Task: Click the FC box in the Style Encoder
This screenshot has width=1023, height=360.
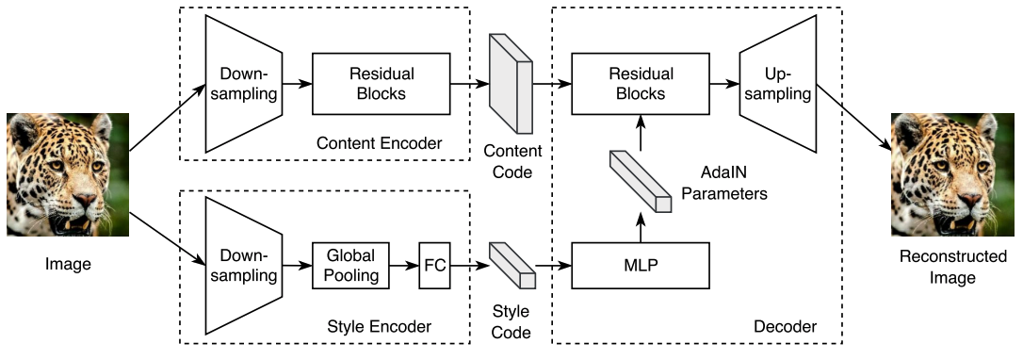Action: (434, 266)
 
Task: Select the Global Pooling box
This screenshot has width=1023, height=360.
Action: (351, 266)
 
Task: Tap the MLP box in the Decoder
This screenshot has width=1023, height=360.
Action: (640, 266)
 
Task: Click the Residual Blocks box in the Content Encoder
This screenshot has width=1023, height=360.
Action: (381, 84)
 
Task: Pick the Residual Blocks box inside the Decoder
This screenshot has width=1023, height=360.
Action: (640, 84)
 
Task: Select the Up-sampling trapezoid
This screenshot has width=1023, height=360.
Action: (778, 84)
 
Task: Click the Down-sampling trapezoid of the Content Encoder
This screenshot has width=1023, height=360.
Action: (243, 84)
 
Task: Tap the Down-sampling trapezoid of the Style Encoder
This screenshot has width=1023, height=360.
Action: (243, 266)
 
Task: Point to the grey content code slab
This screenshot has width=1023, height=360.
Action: (511, 83)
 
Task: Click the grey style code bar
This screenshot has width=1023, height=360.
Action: (512, 266)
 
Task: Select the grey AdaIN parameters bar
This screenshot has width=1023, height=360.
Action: (640, 181)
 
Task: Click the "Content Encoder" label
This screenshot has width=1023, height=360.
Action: (379, 143)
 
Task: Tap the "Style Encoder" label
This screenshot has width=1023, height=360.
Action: (379, 326)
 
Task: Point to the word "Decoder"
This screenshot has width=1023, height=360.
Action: (785, 326)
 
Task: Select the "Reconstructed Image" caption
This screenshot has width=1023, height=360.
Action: (953, 267)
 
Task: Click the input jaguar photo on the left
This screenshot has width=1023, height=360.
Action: (68, 174)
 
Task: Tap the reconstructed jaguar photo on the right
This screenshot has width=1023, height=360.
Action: (952, 174)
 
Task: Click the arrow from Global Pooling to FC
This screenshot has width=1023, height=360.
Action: (404, 266)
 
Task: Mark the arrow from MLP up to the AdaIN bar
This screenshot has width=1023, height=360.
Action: (640, 228)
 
